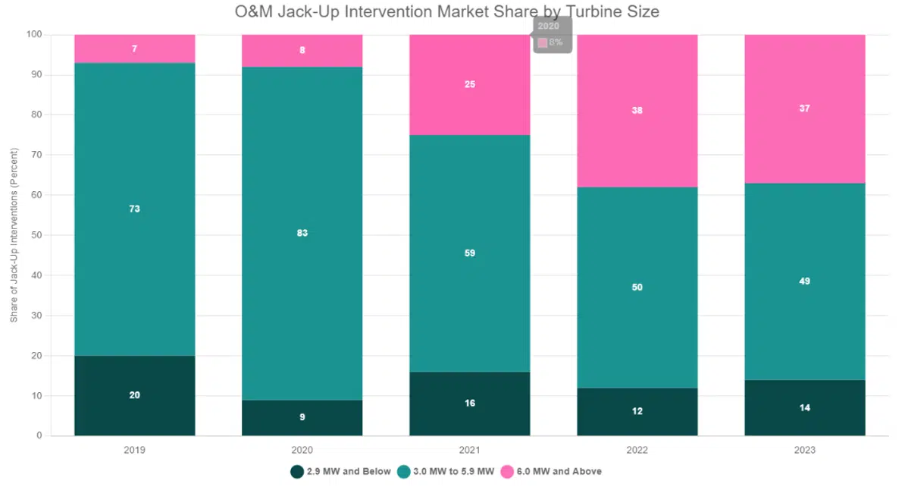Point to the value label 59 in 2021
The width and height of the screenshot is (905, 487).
[x=469, y=253]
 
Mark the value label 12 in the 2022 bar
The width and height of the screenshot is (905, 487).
[x=637, y=411]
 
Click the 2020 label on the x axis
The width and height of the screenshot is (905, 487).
[x=302, y=450]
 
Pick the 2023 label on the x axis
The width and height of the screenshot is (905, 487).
[x=804, y=450]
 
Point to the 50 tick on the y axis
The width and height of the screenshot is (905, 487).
[x=36, y=235]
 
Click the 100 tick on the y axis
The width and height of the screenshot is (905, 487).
[x=33, y=35]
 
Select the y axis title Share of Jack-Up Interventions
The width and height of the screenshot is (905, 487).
[x=14, y=235]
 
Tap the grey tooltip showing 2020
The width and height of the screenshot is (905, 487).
[x=551, y=35]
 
